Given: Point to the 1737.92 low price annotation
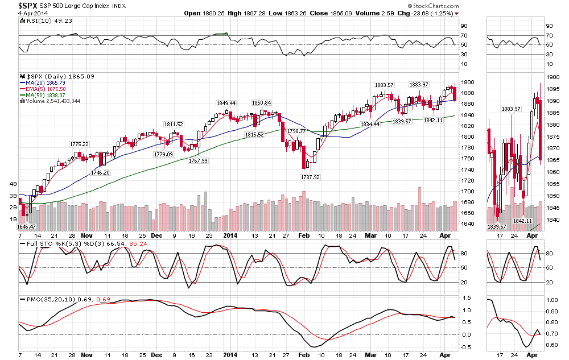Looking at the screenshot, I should [310, 177].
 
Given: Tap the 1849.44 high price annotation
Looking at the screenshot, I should [226, 103].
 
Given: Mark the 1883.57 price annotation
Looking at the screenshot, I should [384, 85].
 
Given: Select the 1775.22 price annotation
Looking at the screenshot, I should [80, 144].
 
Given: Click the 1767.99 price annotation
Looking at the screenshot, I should [197, 160].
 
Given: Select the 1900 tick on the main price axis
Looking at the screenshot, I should [468, 82].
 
